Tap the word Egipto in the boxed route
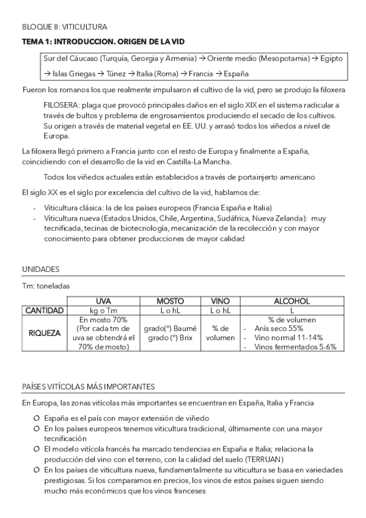(333, 59)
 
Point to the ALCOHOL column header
(291, 301)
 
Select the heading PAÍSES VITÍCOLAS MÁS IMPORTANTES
(89, 386)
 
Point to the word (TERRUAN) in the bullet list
(249, 458)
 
